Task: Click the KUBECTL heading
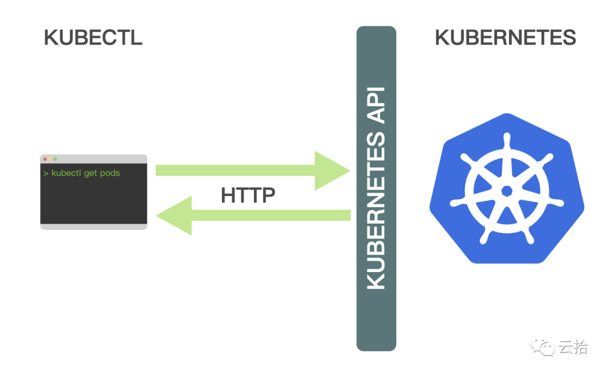(93, 38)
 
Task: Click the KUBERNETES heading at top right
(505, 38)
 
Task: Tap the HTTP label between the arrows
(248, 195)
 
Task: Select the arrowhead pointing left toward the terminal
(175, 215)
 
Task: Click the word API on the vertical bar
(376, 105)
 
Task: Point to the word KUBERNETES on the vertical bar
(376, 211)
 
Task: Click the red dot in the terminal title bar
(46, 159)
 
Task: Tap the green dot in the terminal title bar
(55, 159)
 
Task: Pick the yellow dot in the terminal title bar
(51, 159)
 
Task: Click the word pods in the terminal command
(110, 173)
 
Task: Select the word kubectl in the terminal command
(66, 173)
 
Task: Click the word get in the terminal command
(90, 174)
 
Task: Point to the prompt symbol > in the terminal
(46, 173)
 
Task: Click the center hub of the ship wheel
(507, 191)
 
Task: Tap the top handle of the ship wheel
(507, 140)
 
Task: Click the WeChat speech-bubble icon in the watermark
(543, 346)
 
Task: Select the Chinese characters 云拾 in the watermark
(573, 346)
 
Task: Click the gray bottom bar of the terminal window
(94, 226)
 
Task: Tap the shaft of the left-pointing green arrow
(271, 215)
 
